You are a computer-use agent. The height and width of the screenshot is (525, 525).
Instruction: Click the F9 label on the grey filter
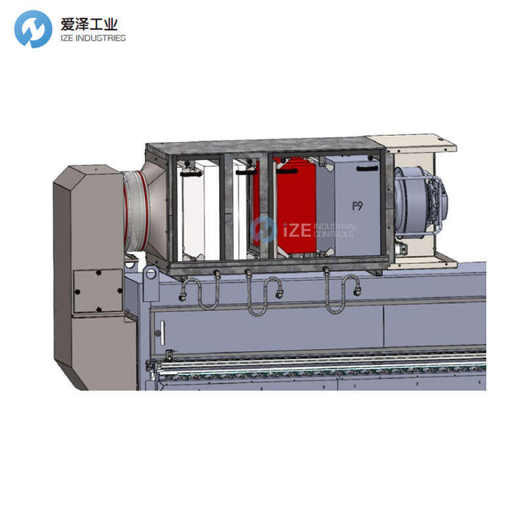[358, 206]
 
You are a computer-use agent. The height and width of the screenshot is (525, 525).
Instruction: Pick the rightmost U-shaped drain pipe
[341, 293]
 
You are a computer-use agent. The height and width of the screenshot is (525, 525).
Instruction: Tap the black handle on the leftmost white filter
[190, 174]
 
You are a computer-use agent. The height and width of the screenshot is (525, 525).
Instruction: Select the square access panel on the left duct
[98, 291]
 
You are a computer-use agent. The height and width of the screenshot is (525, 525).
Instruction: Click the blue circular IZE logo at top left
[33, 29]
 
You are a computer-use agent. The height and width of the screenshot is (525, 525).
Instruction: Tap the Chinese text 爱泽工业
[88, 24]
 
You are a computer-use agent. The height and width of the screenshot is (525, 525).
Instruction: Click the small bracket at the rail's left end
[169, 355]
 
